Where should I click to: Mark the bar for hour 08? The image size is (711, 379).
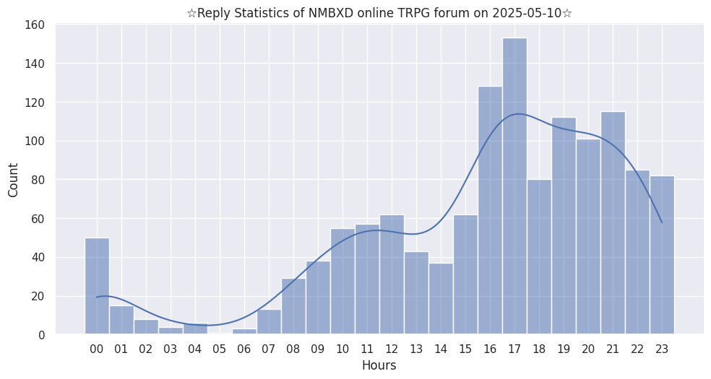pyautogui.click(x=293, y=306)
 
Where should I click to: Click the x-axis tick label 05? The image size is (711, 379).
pyautogui.click(x=220, y=349)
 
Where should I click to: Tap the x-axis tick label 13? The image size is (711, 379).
pyautogui.click(x=416, y=349)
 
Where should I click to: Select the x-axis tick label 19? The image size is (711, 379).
pyautogui.click(x=564, y=349)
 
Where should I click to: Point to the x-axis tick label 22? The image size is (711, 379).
pyautogui.click(x=637, y=349)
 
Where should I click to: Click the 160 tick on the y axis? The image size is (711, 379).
pyautogui.click(x=35, y=25)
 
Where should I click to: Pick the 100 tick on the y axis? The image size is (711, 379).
pyautogui.click(x=35, y=141)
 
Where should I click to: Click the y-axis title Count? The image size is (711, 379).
pyautogui.click(x=14, y=180)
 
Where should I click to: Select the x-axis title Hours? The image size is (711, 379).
pyautogui.click(x=379, y=366)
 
